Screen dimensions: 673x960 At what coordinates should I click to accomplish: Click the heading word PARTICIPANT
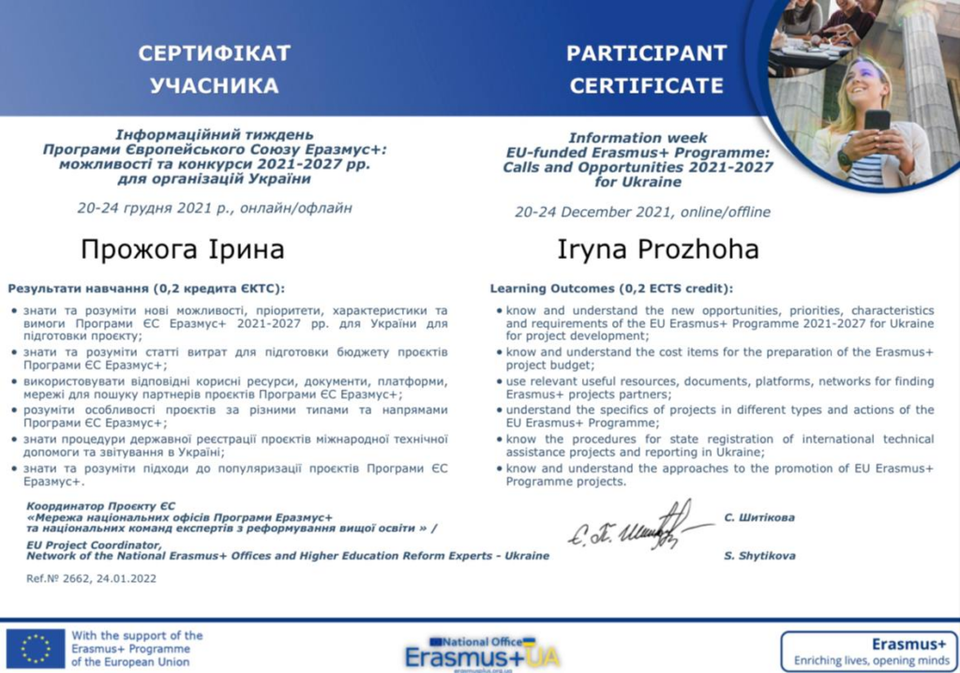point(646,52)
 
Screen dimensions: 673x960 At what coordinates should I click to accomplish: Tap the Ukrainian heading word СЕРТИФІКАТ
point(215,52)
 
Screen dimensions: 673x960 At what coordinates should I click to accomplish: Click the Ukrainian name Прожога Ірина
point(183,250)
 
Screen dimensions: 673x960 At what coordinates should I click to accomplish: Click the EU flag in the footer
point(36,648)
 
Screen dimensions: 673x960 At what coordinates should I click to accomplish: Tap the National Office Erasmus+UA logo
point(482,652)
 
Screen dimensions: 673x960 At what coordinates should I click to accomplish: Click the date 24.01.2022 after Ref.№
point(127,578)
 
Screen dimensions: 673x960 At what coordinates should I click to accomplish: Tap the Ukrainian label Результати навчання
point(80,288)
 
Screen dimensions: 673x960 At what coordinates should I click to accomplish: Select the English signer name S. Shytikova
point(759,556)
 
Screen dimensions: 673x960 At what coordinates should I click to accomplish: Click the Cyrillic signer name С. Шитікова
point(759,516)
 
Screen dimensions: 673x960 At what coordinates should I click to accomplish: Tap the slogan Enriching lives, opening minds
point(869,659)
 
